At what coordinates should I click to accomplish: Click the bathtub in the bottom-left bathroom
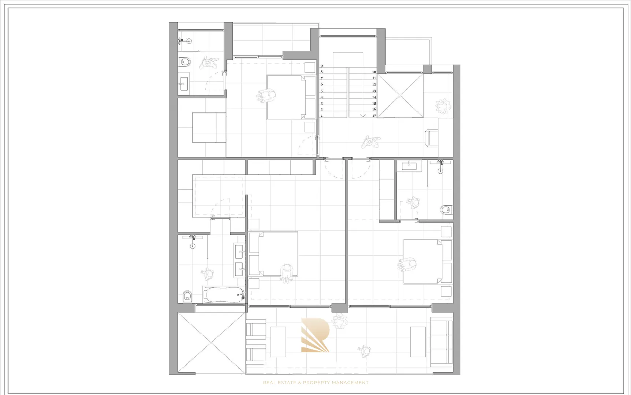point(223,294)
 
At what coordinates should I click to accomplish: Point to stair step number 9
point(322,66)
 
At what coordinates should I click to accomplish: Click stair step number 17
point(374,116)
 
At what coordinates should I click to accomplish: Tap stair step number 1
point(322,116)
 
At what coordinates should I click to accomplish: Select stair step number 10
point(374,72)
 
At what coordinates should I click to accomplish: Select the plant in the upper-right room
point(443,106)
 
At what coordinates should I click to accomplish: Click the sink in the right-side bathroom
point(409,166)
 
